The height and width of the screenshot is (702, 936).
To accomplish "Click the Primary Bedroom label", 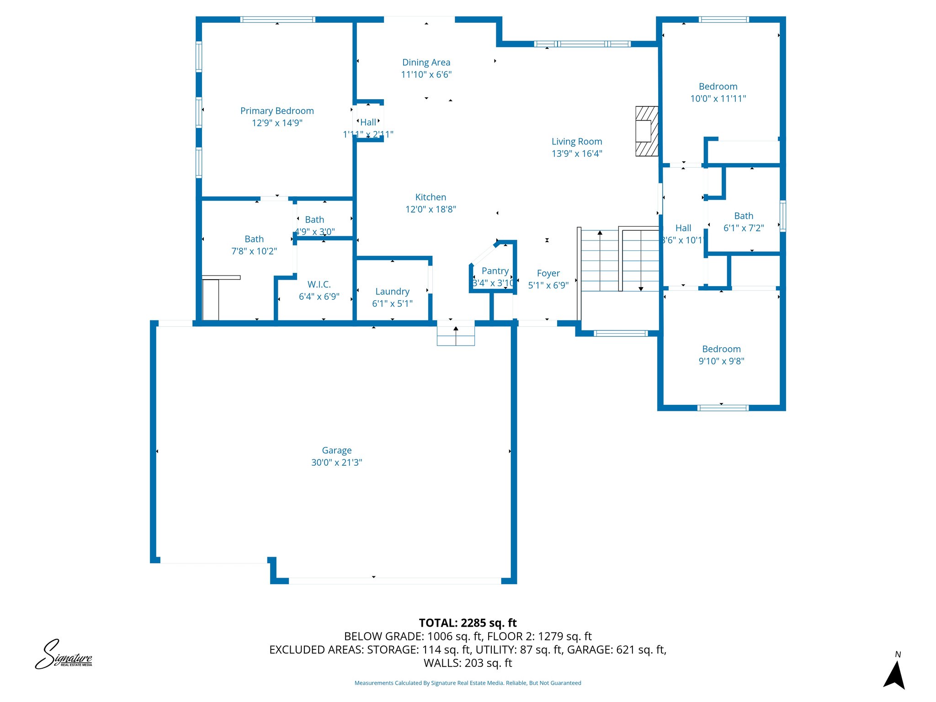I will pos(277,111).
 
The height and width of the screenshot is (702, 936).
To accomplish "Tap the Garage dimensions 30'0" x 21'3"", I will pos(336,463).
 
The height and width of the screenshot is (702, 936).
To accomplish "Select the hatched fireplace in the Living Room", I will pos(647,131).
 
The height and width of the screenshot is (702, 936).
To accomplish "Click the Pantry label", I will pos(495,271).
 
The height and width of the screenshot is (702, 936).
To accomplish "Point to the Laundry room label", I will pos(392,292).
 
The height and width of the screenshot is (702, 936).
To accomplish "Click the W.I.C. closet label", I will pos(319,284).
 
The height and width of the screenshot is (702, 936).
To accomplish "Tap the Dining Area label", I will pos(426,63).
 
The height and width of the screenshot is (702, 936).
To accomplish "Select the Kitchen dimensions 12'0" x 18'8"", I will pos(431,209).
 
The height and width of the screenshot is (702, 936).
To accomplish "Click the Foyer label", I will pos(548,273).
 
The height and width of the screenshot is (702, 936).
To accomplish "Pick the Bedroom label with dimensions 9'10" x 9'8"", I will pos(721,349).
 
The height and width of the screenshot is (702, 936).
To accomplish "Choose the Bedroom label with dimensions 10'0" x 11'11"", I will pos(718,87).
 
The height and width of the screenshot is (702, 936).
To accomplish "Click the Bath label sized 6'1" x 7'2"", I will pos(744,216).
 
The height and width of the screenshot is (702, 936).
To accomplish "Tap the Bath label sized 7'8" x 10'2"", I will pos(254,239).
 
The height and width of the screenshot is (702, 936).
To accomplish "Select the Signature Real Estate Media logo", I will pos(64,655).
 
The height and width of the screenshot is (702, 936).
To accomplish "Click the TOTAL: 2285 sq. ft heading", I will pos(468,623).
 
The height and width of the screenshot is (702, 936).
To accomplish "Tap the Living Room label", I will pos(577,142).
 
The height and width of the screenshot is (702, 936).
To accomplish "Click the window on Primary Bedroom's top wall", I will pos(277,20).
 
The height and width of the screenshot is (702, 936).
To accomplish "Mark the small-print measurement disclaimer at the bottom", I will pos(468,683).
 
